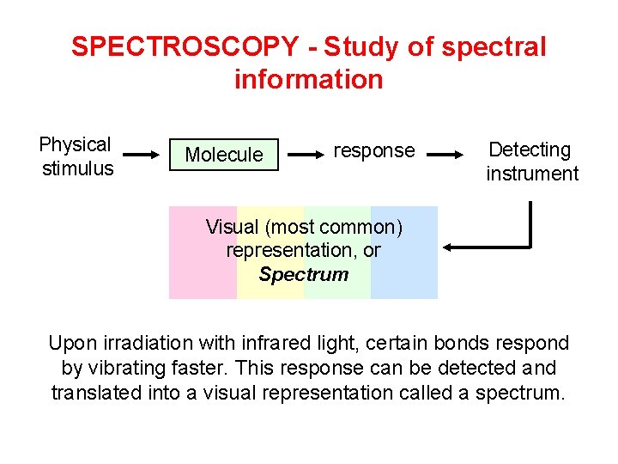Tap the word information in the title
[308, 80]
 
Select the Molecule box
[224, 155]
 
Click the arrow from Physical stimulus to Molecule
[142, 156]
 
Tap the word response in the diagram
[373, 150]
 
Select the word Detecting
[530, 150]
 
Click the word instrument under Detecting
[532, 174]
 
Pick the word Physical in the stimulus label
[76, 144]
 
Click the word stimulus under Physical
[78, 168]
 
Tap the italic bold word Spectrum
[303, 275]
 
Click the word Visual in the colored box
[232, 227]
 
